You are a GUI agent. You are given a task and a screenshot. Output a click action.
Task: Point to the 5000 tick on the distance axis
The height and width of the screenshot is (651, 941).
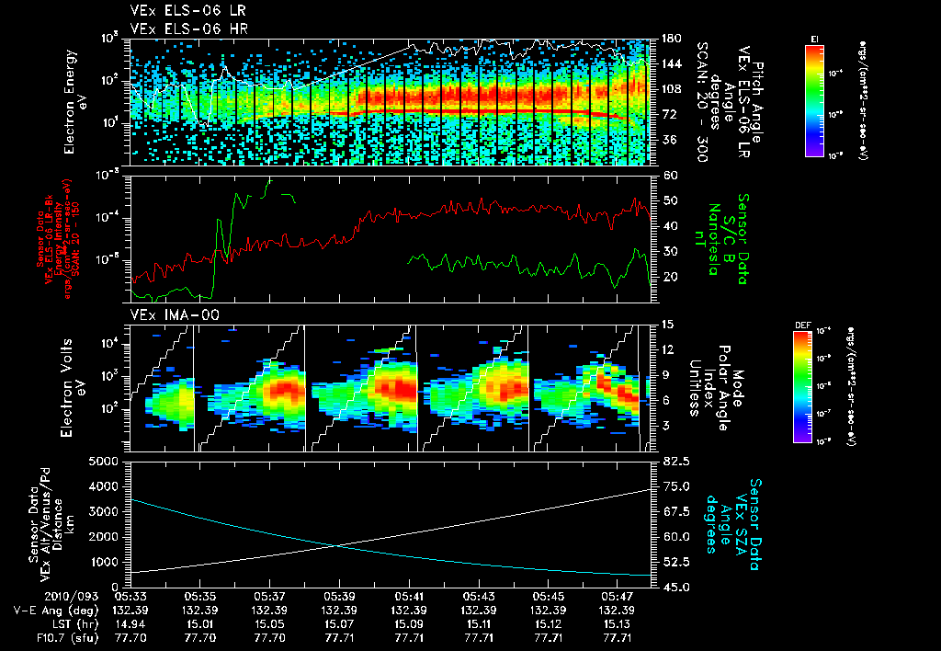[x=105, y=461]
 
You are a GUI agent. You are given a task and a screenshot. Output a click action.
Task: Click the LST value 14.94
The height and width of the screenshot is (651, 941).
[x=130, y=623]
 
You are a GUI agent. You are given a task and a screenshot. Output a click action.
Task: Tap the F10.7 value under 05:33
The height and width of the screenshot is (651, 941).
[x=130, y=637]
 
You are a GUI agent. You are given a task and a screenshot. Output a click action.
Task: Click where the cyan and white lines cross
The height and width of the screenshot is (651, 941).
[x=336, y=546]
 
